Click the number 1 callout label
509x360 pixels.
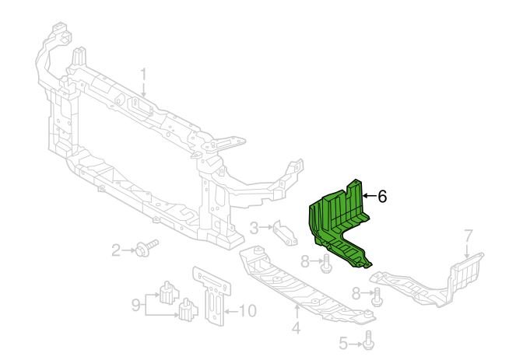[144, 75]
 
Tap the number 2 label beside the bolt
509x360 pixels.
[116, 250]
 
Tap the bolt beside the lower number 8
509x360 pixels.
[377, 297]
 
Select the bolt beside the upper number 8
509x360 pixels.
[326, 264]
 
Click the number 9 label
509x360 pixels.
[136, 305]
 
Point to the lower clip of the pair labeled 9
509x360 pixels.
[188, 309]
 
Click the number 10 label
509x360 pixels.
[247, 311]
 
